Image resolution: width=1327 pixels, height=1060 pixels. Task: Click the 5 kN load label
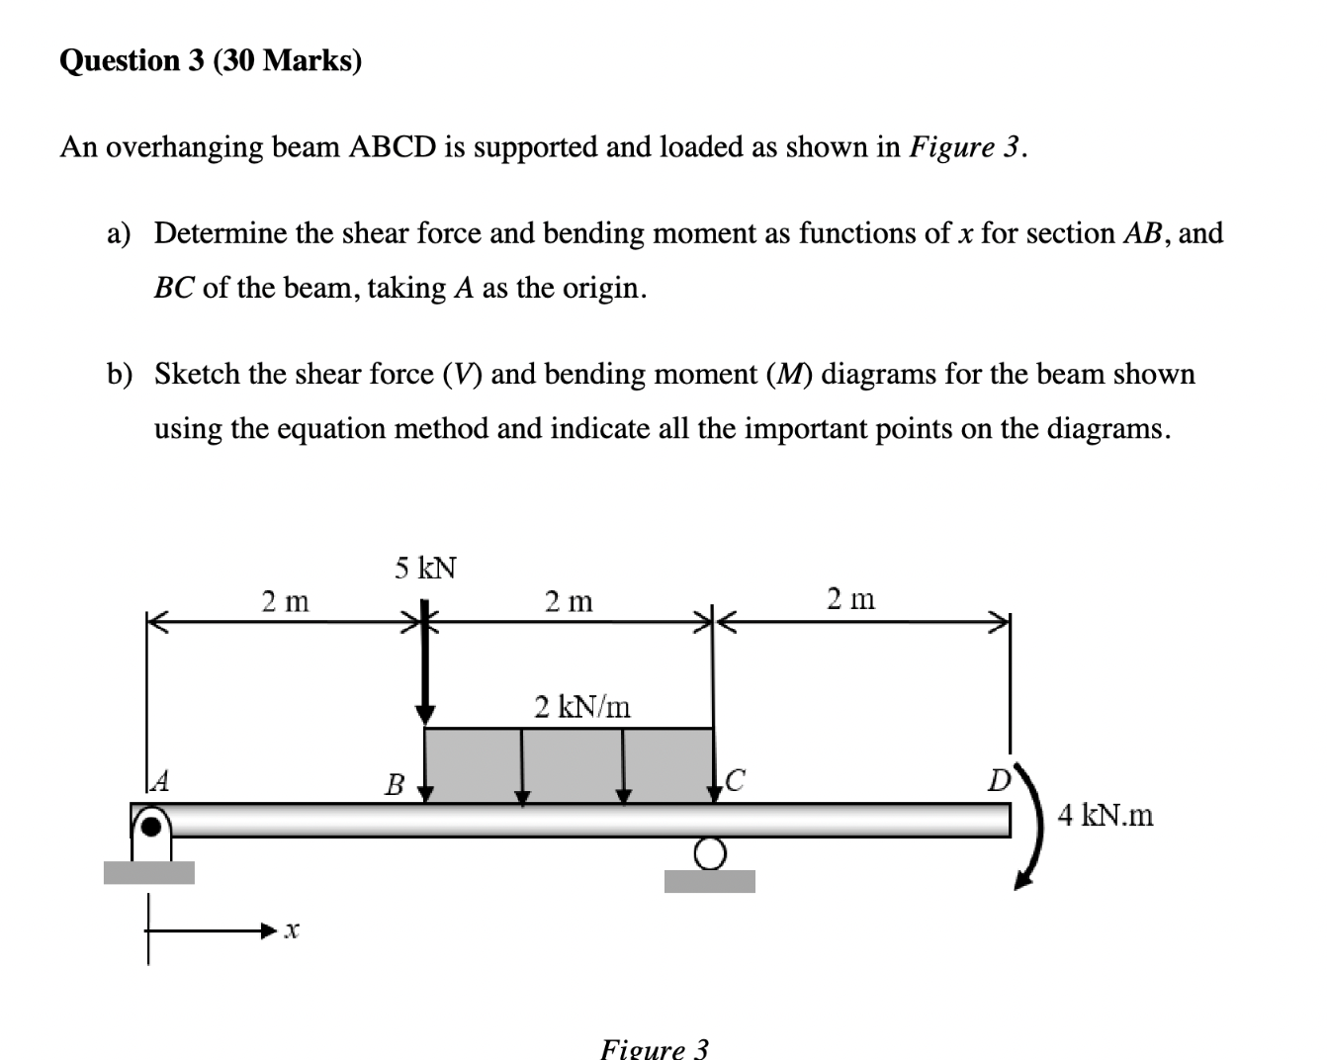425,569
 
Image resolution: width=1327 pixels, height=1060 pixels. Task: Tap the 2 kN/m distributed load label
581,707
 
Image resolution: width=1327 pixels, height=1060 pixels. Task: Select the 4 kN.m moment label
1105,816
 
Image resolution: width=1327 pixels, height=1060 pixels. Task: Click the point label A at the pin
160,783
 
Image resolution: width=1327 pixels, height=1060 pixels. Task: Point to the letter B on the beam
395,786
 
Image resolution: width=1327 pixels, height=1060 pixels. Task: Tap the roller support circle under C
709,851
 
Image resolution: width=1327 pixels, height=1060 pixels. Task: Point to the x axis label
290,930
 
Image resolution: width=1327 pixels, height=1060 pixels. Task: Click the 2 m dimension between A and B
285,600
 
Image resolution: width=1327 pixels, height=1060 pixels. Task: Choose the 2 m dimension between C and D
850,598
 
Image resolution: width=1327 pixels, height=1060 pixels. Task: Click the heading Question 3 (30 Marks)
211,61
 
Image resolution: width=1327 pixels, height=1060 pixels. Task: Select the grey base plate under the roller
709,881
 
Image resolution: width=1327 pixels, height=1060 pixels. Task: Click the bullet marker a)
120,234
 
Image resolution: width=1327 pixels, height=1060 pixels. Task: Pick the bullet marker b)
120,375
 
